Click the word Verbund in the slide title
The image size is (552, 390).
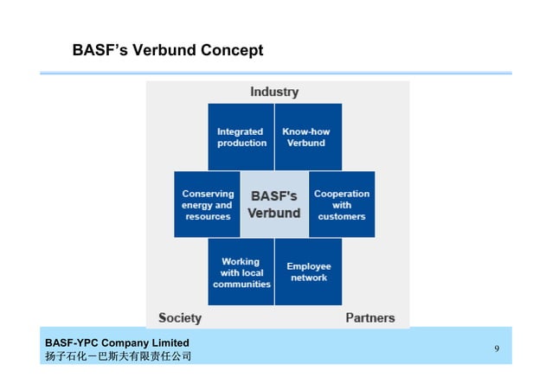point(164,51)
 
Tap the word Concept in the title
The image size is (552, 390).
point(232,51)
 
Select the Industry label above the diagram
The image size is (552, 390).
point(274,92)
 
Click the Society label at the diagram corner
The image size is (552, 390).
point(180,317)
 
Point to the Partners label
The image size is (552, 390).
point(370,317)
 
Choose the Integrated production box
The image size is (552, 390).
point(241,137)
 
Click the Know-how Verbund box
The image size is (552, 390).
point(307,137)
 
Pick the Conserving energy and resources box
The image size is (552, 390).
point(208,205)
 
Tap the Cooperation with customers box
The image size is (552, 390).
point(342,205)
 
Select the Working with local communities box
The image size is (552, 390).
point(241,272)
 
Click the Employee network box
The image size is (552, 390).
point(308,272)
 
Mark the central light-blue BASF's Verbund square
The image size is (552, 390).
point(274,205)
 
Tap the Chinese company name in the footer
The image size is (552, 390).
point(118,356)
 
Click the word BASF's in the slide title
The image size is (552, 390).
point(102,51)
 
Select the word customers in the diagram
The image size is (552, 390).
point(342,216)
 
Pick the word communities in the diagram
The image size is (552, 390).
point(241,284)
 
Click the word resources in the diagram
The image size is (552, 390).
point(208,216)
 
